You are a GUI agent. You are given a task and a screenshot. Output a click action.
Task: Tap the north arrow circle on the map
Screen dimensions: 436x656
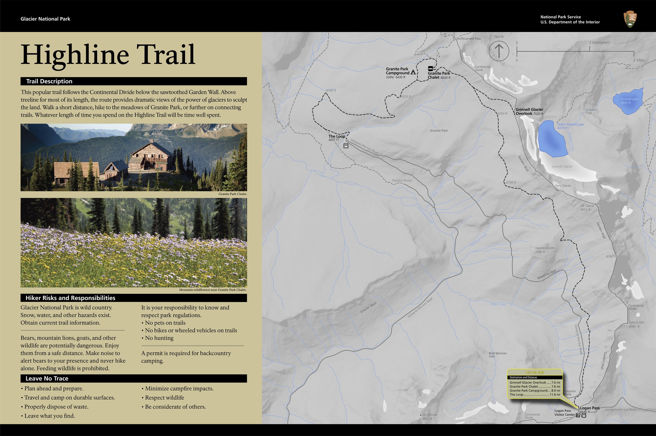(499, 51)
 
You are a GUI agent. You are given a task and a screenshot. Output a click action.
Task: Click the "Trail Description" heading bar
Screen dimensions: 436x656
(133, 81)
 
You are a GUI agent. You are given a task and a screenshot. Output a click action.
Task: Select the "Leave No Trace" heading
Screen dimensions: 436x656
(133, 378)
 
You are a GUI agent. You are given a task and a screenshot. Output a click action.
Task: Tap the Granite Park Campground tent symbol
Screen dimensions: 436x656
(413, 72)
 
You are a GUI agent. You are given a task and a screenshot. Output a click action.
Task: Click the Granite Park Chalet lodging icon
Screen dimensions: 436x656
(430, 68)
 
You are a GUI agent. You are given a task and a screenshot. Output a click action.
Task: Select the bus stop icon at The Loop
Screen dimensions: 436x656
(346, 146)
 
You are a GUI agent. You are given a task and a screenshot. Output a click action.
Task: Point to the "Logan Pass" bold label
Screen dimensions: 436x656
(590, 408)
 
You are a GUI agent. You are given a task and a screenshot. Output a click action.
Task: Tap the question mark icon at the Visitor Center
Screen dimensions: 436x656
(578, 415)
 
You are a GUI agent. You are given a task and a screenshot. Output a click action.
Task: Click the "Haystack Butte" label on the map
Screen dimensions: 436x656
(545, 248)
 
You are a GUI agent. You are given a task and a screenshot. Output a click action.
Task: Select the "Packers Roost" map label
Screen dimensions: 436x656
(402, 181)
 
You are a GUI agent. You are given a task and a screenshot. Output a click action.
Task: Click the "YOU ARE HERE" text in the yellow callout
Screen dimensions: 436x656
(535, 372)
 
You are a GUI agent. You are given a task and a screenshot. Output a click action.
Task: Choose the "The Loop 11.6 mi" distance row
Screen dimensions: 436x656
(535, 395)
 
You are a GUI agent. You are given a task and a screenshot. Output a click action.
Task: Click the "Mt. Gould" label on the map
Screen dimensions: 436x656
(587, 206)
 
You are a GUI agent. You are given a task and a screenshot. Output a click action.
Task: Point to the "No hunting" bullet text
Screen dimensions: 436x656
(159, 338)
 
